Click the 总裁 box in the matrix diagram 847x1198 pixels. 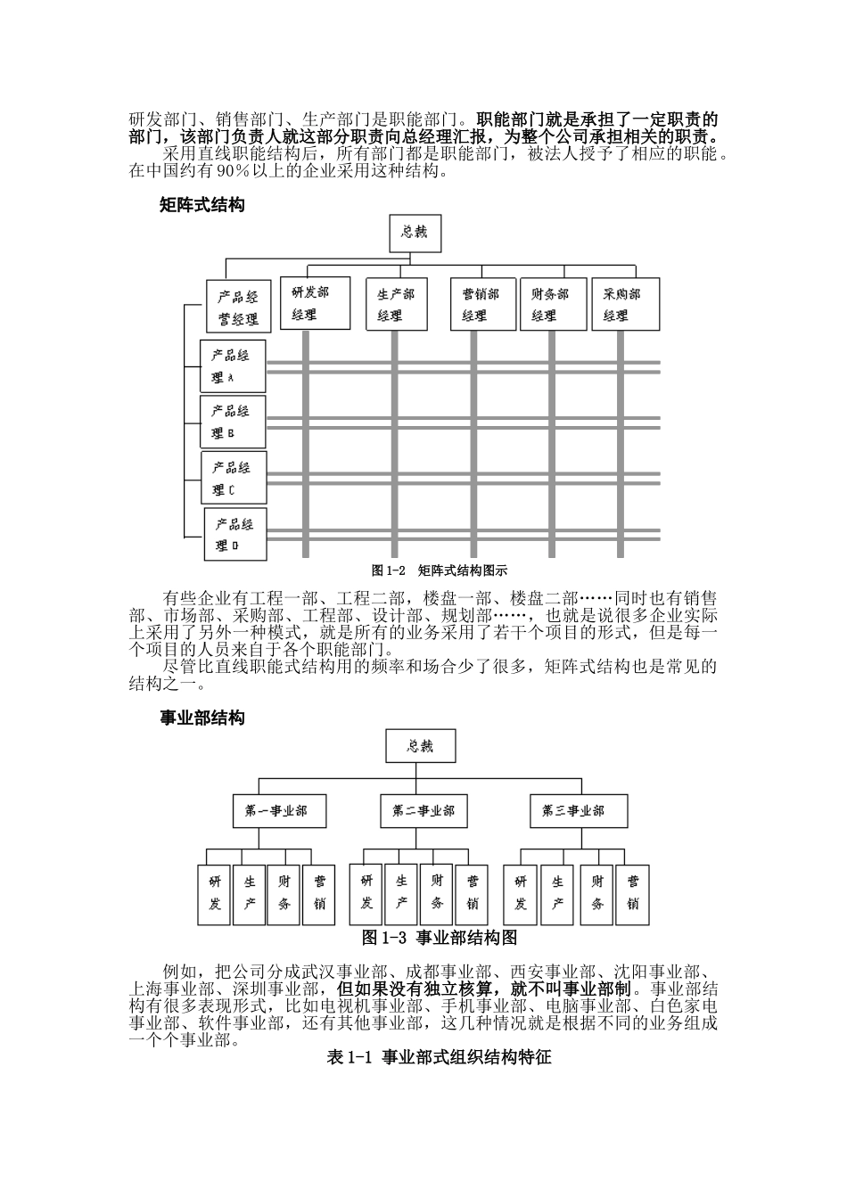pyautogui.click(x=415, y=234)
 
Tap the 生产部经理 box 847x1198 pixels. pyautogui.click(x=396, y=304)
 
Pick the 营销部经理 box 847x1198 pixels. pyautogui.click(x=481, y=304)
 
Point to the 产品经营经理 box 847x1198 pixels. pyautogui.click(x=238, y=308)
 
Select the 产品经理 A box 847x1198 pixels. pyautogui.click(x=232, y=366)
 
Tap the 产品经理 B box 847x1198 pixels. pyautogui.click(x=232, y=423)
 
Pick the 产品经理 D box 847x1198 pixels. pyautogui.click(x=235, y=534)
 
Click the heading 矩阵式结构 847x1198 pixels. pyautogui.click(x=201, y=205)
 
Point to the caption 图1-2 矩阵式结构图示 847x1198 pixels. pyautogui.click(x=440, y=570)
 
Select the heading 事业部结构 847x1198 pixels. pyautogui.click(x=201, y=718)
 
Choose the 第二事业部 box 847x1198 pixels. pyautogui.click(x=423, y=811)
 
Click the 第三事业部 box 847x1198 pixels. pyautogui.click(x=572, y=811)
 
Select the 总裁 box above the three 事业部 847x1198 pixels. pyautogui.click(x=420, y=747)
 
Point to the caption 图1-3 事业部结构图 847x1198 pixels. pyautogui.click(x=440, y=938)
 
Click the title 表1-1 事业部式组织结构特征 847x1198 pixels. pyautogui.click(x=440, y=1057)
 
